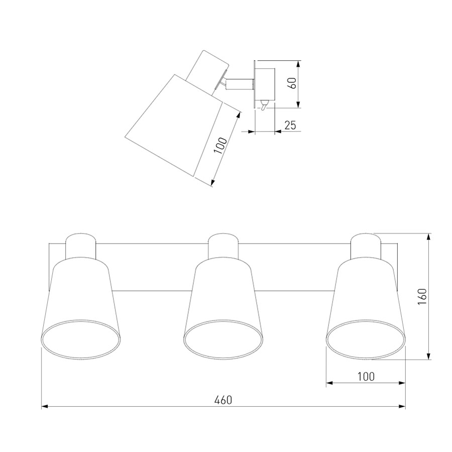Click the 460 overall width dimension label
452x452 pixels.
pos(223,400)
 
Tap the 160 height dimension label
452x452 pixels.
pos(422,297)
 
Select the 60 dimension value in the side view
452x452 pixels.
pos(293,83)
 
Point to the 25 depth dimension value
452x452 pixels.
pos(290,125)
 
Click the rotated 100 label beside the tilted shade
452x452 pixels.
pos(221,146)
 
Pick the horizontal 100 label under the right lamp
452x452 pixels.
pos(366,376)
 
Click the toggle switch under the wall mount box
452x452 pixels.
pos(264,105)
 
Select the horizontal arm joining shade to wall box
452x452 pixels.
pos(239,84)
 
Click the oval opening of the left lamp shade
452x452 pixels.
pos(81,339)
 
